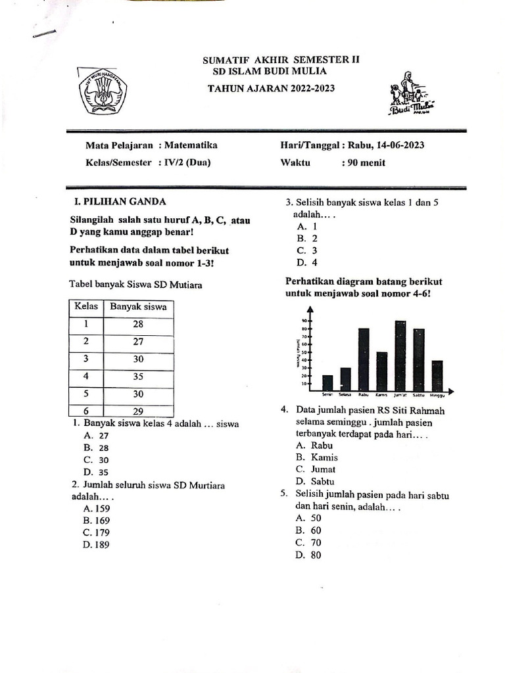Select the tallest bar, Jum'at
pyautogui.click(x=400, y=356)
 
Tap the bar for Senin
pyautogui.click(x=327, y=383)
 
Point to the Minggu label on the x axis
pyautogui.click(x=437, y=395)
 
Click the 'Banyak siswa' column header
pyautogui.click(x=138, y=307)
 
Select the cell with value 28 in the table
pyautogui.click(x=138, y=324)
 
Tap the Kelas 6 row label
pyautogui.click(x=85, y=411)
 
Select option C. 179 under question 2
pyautogui.click(x=96, y=532)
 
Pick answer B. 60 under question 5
pyautogui.click(x=308, y=530)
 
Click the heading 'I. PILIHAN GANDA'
pyautogui.click(x=121, y=202)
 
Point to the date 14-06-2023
pyautogui.click(x=389, y=145)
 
